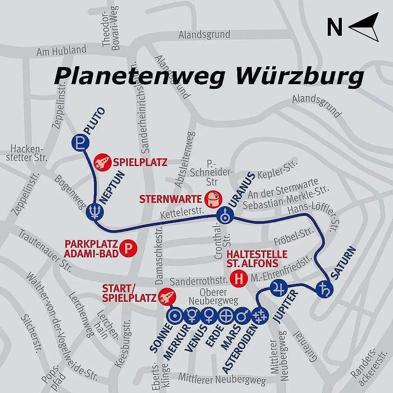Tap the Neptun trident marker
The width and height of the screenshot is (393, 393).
pyautogui.click(x=95, y=211)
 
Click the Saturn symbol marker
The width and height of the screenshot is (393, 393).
pyautogui.click(x=325, y=290)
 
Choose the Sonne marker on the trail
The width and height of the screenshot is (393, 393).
pyautogui.click(x=175, y=315)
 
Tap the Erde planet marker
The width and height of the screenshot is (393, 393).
pyautogui.click(x=226, y=315)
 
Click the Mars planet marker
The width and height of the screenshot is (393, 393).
pyautogui.click(x=242, y=315)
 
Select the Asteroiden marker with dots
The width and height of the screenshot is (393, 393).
pyautogui.click(x=259, y=315)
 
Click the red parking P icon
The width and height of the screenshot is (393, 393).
pyautogui.click(x=128, y=248)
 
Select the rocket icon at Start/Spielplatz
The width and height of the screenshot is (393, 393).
pyautogui.click(x=166, y=296)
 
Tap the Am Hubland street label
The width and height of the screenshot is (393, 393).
pyautogui.click(x=61, y=50)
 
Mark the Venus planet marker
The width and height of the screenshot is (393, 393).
pyautogui.click(x=209, y=315)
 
